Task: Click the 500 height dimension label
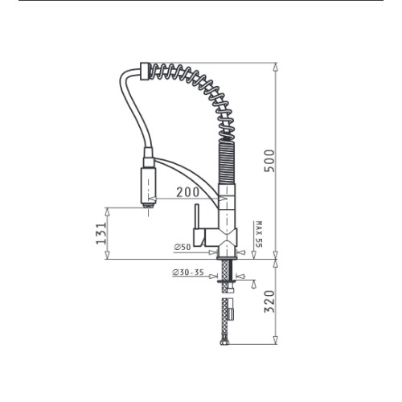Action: pos(269,161)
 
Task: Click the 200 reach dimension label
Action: pos(188,192)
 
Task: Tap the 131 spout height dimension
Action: pos(101,233)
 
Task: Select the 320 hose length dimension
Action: pos(269,301)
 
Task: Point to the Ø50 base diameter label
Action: pos(183,247)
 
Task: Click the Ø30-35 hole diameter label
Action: pos(188,273)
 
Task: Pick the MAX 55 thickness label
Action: pos(259,234)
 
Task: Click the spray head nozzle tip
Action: pos(148,206)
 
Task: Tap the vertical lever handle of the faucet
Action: pos(197,217)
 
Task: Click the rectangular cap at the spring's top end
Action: pos(144,71)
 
